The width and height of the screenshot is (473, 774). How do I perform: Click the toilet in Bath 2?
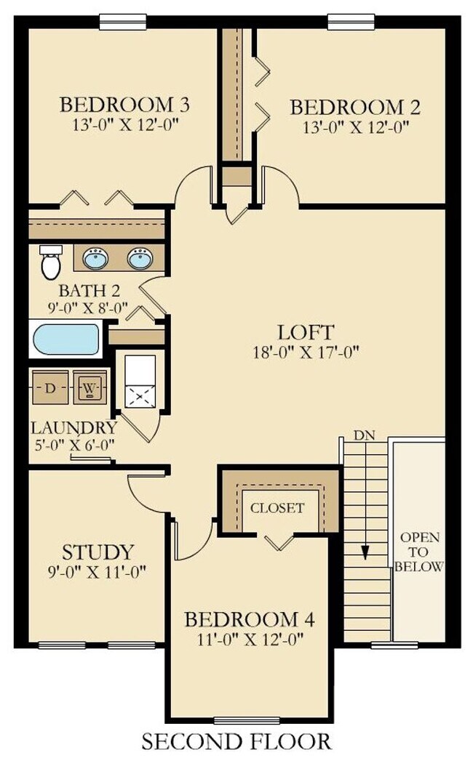tap(49, 264)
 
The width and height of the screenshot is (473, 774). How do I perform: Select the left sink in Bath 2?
tap(93, 258)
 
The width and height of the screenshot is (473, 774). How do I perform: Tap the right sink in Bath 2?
tap(139, 258)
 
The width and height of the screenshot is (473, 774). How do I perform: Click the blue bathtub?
tap(66, 339)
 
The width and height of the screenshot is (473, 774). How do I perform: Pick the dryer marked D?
tap(49, 387)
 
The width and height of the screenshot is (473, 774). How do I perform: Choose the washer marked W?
tap(89, 387)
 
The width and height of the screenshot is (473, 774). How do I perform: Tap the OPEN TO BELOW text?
tap(418, 552)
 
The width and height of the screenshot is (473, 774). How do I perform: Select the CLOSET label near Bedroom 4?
tap(277, 508)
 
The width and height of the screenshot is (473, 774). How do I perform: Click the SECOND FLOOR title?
tap(236, 742)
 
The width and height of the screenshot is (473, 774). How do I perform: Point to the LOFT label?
tap(306, 333)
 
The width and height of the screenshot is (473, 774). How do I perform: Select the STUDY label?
tap(98, 552)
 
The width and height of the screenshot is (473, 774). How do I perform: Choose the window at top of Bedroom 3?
tap(122, 22)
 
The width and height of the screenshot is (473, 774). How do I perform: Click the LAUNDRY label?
tap(73, 427)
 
